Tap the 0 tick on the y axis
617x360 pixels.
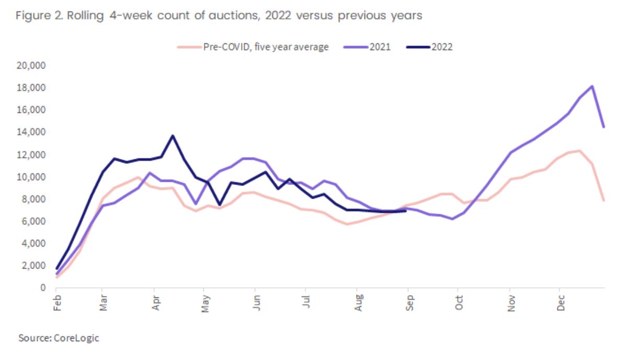pyautogui.click(x=44, y=288)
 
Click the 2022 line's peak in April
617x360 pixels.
pyautogui.click(x=173, y=136)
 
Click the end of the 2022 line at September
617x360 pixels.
pyautogui.click(x=406, y=211)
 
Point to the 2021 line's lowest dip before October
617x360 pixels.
pyautogui.click(x=452, y=219)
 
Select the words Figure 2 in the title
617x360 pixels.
pyautogui.click(x=35, y=16)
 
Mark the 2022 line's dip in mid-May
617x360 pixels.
pyautogui.click(x=219, y=205)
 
